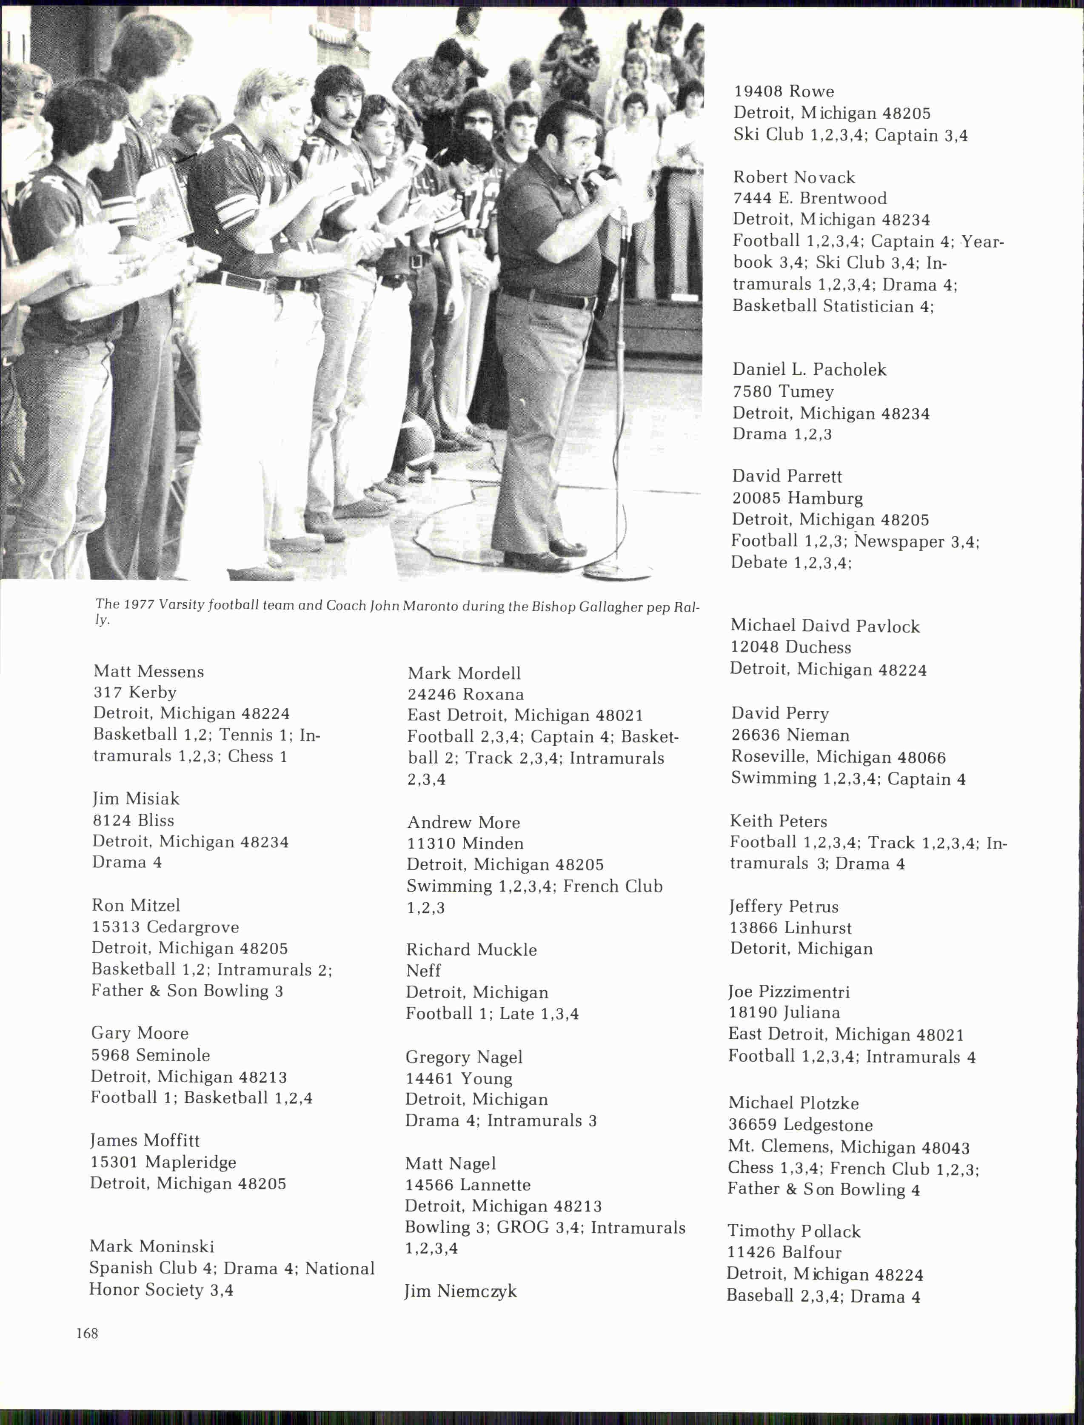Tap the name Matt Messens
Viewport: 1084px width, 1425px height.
pos(148,672)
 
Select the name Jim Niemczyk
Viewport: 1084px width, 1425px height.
pos(461,1291)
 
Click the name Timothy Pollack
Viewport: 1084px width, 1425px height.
pos(794,1231)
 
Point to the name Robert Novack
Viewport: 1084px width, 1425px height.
pos(794,177)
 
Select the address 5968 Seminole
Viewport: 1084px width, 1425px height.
pos(150,1055)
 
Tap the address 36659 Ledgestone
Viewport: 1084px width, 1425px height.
pos(800,1125)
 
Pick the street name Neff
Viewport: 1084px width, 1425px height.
pos(423,970)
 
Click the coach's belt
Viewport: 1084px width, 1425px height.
pos(548,299)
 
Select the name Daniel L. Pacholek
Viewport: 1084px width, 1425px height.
pos(809,370)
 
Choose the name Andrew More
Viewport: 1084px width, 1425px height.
pos(463,823)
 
